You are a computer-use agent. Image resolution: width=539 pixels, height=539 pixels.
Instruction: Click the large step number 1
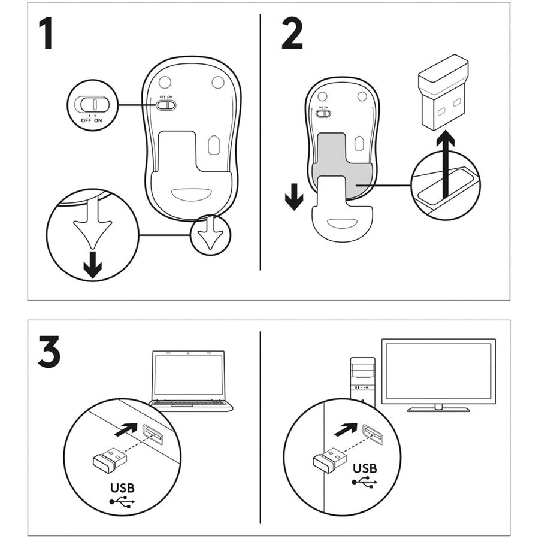pos(46,34)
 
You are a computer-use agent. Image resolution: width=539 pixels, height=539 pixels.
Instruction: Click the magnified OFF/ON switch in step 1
pos(92,104)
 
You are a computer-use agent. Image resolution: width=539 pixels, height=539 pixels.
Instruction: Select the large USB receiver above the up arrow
pos(443,96)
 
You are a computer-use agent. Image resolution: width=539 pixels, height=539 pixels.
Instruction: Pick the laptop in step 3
pos(189,381)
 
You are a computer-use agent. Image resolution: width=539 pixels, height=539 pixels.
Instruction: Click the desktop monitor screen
pos(438,372)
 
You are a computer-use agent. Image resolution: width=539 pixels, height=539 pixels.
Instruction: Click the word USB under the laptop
pos(122,487)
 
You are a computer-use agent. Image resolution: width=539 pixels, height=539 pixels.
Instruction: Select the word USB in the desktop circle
pos(364,468)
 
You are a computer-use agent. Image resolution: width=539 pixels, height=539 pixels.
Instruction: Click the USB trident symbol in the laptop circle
pos(123,502)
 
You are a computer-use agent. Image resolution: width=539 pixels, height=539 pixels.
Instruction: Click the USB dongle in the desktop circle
pos(329,460)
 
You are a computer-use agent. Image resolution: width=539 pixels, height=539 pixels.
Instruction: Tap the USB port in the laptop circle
pos(153,435)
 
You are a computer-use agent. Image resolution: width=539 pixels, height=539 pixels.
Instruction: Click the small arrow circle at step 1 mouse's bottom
pos(210,234)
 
